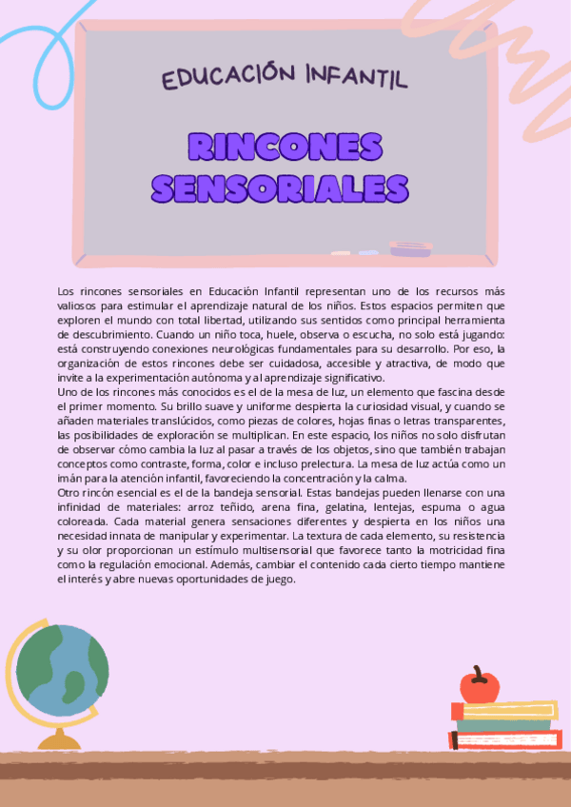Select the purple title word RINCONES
point(285,146)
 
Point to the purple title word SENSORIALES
point(280,187)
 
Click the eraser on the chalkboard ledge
point(410,249)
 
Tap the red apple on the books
point(479,685)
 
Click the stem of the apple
point(478,670)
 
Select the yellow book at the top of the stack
point(503,710)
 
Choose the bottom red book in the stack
point(504,739)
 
